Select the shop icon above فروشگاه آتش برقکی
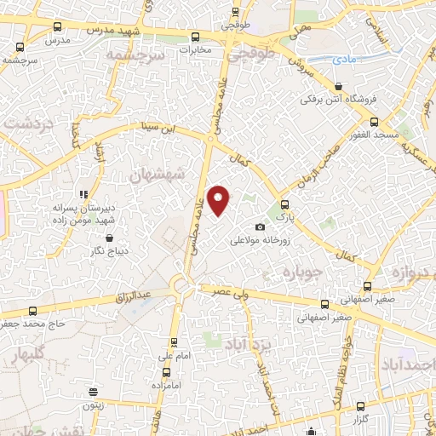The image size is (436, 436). pos(339,86)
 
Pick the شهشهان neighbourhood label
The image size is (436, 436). pos(158,176)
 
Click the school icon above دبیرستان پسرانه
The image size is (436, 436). pos(83,193)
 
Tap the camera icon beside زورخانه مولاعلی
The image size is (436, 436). pos(261,227)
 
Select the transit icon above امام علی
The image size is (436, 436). pos(175,342)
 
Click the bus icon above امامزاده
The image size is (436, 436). pos(164,372)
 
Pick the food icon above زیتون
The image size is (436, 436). pos(93,393)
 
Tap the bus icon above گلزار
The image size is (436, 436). pos(361,406)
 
